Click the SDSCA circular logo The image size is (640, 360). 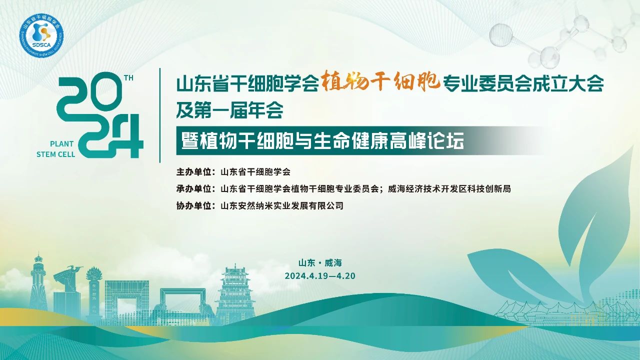pos(41,35)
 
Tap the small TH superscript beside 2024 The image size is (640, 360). pos(129,77)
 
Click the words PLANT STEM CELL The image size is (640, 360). pos(55,149)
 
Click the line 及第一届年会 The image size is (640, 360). pos(230,110)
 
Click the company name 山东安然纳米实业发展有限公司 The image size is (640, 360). pos(282,205)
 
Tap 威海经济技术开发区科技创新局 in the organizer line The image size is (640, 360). pos(449,189)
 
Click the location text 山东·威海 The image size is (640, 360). pos(320,263)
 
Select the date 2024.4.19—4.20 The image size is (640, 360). pos(320,275)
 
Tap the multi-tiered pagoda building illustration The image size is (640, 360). pos(235,294)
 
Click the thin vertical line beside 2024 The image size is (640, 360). pos(159,115)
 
